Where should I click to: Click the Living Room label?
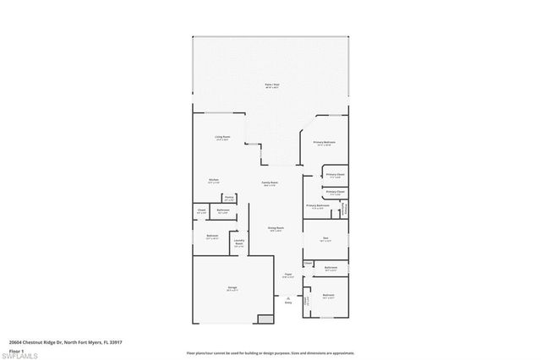click(223, 137)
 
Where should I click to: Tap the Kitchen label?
click(215, 179)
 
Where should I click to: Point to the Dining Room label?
click(276, 228)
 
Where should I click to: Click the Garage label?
click(232, 288)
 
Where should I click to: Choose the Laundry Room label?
click(238, 244)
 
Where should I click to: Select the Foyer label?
click(288, 275)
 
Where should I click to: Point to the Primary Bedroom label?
click(325, 144)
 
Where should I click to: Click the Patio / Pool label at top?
click(270, 85)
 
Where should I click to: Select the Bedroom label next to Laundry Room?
click(212, 237)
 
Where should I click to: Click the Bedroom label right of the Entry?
click(329, 296)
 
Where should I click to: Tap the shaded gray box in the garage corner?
click(265, 319)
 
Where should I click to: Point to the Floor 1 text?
click(15, 350)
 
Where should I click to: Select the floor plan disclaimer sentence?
click(270, 352)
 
